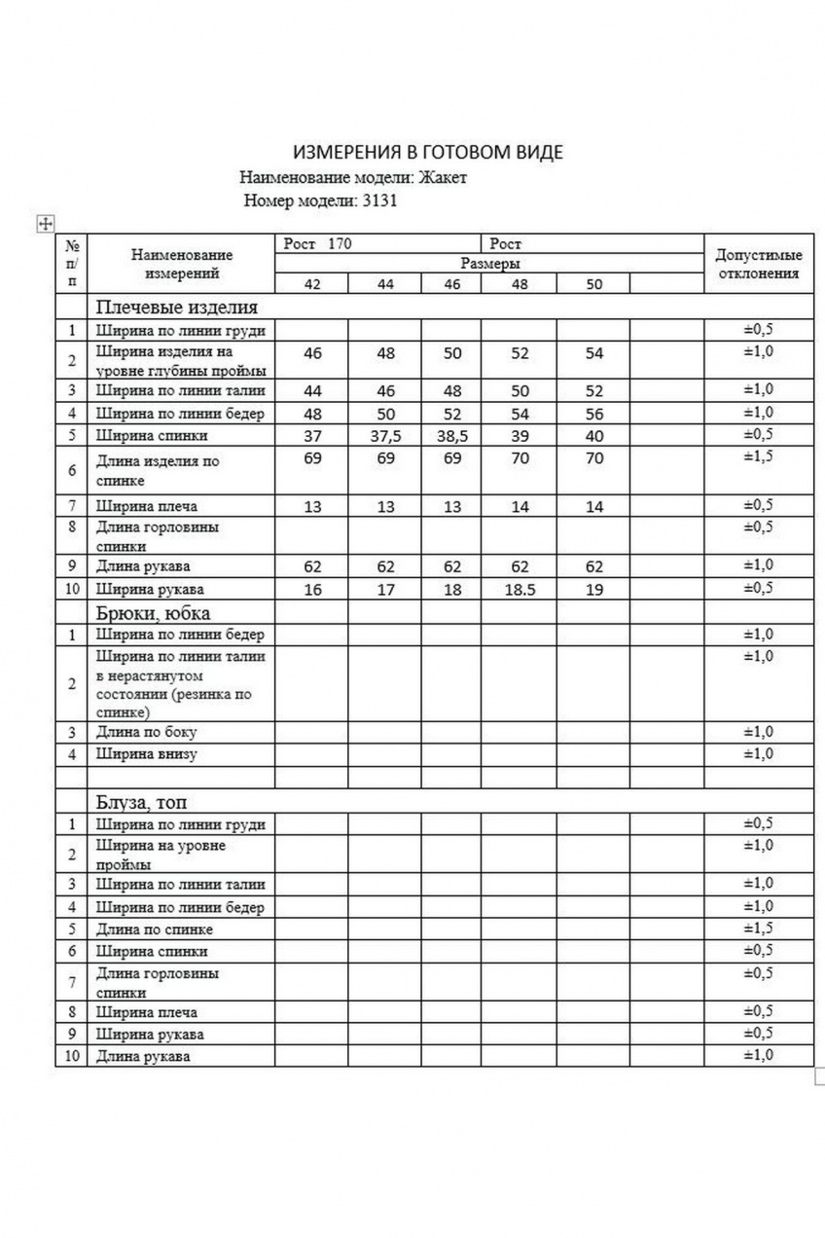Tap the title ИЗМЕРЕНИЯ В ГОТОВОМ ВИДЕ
click(x=428, y=152)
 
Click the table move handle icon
click(x=44, y=223)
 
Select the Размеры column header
click(x=489, y=263)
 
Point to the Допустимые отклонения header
click(x=758, y=264)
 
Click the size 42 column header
click(x=312, y=284)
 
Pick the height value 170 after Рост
click(x=340, y=243)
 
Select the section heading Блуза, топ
click(x=141, y=802)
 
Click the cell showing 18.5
click(x=520, y=589)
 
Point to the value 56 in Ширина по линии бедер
click(x=594, y=414)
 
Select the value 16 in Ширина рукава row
click(x=312, y=589)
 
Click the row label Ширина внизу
click(x=147, y=753)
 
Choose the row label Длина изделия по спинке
click(x=157, y=470)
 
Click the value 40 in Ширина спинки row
click(x=594, y=436)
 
